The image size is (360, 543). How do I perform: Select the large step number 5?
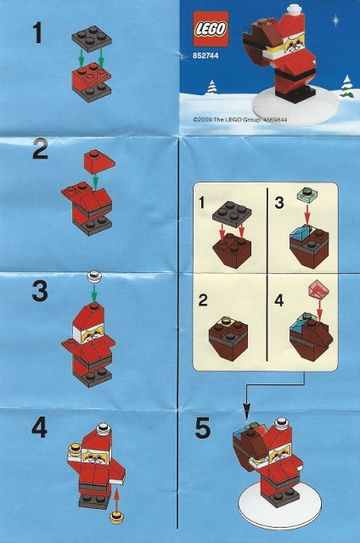click(x=202, y=429)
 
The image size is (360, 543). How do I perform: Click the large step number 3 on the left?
click(x=39, y=292)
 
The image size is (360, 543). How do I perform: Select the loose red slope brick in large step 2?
click(x=94, y=160)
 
